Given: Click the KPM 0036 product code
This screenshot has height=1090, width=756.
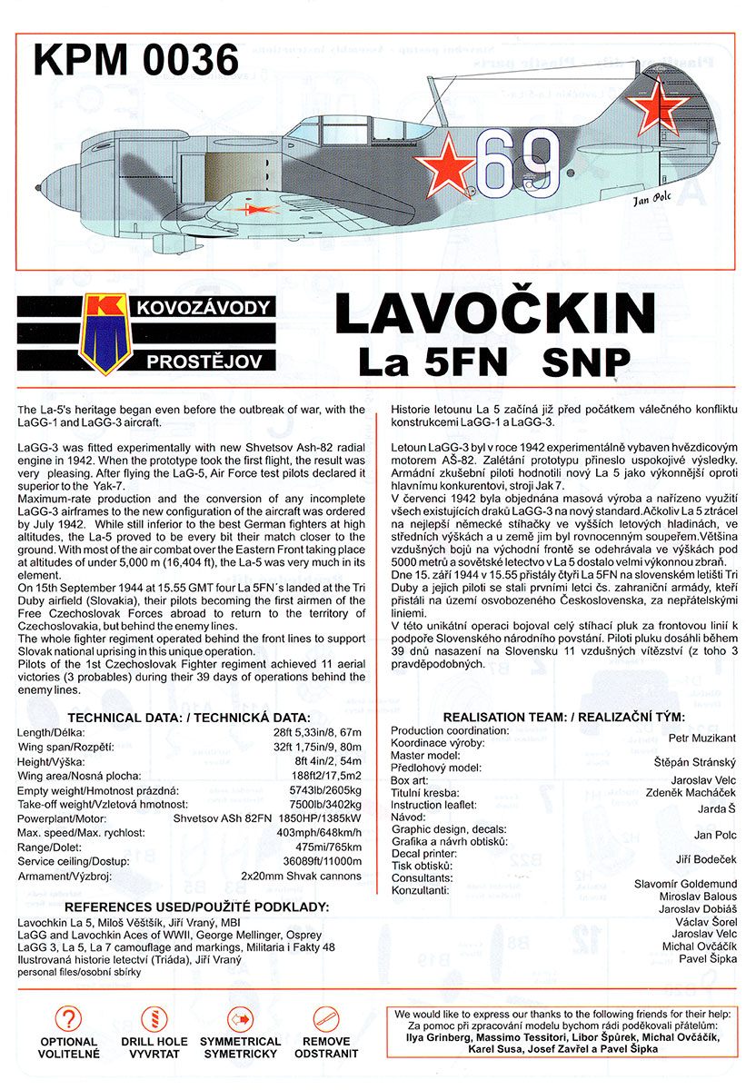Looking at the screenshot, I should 135,61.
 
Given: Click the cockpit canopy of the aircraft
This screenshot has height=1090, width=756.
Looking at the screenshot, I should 327,124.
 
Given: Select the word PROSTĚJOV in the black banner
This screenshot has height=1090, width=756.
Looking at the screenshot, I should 204,362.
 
